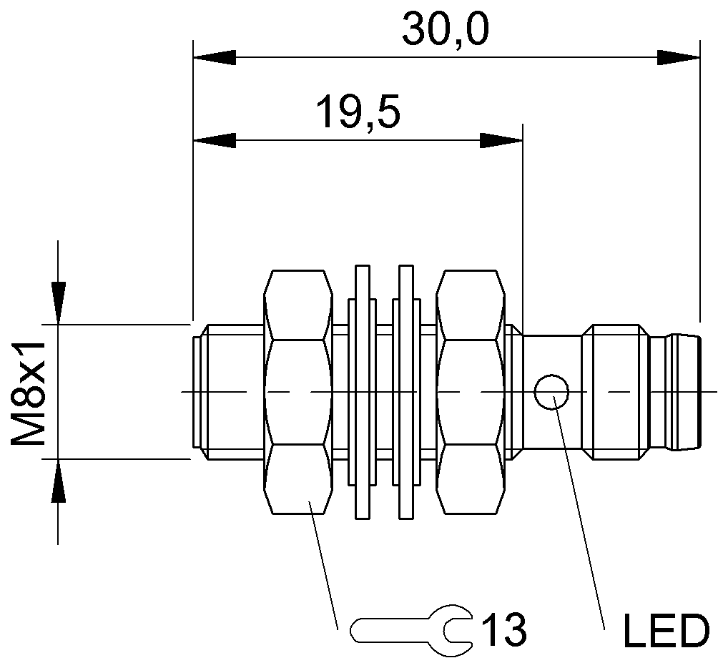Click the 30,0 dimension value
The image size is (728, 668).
tap(445, 29)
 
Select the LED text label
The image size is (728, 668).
tap(666, 631)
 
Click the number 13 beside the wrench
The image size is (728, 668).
tap(503, 630)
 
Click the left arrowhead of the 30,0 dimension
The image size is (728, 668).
tap(215, 58)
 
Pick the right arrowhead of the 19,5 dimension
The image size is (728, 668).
tap(501, 140)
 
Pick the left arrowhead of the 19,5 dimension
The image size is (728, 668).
tap(215, 140)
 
